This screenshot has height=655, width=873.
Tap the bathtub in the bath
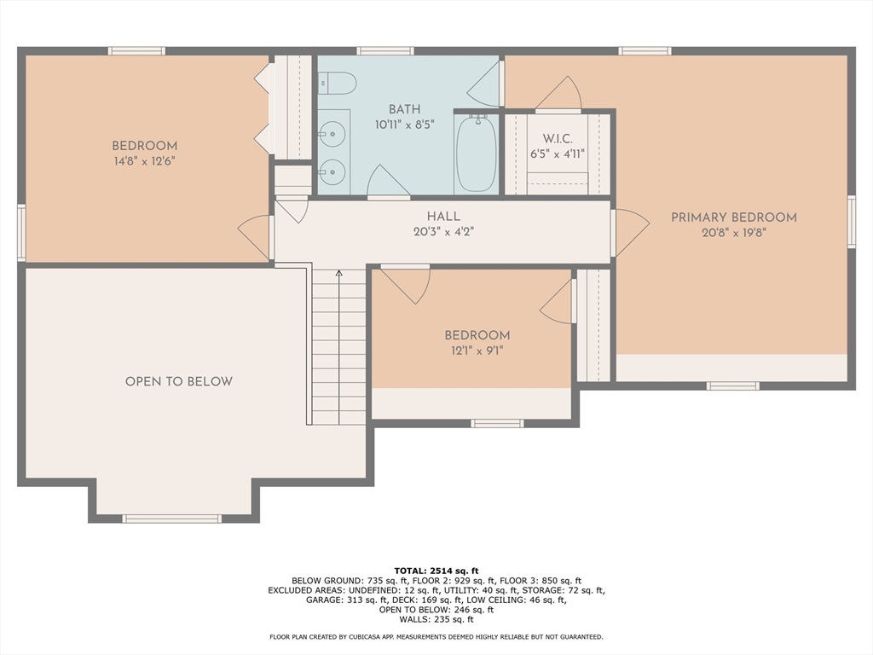(x=476, y=154)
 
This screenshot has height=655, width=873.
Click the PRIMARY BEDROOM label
(x=733, y=217)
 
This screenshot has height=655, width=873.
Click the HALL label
(x=443, y=217)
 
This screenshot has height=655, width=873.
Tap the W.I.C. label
(x=558, y=139)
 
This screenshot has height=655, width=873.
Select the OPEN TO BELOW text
(x=178, y=381)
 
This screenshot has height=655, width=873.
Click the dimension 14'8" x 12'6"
(x=144, y=160)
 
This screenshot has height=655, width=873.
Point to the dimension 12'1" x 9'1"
(x=477, y=350)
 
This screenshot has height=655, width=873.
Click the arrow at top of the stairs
(x=338, y=274)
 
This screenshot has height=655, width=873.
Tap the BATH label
(x=404, y=109)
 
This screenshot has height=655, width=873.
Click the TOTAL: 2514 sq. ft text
(x=436, y=571)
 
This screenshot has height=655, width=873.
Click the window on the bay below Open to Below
(x=171, y=519)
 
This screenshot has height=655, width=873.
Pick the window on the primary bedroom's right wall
(x=851, y=222)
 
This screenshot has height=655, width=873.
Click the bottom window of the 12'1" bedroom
(x=497, y=423)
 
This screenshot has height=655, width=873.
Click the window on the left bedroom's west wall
(x=21, y=231)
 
